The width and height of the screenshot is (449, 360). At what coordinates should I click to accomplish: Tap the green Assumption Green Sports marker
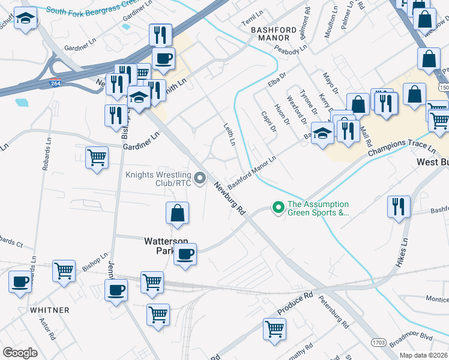point(278,208)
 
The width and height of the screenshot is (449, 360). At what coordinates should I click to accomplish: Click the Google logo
point(20,353)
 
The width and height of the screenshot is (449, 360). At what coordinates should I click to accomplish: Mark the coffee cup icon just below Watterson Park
point(185,254)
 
